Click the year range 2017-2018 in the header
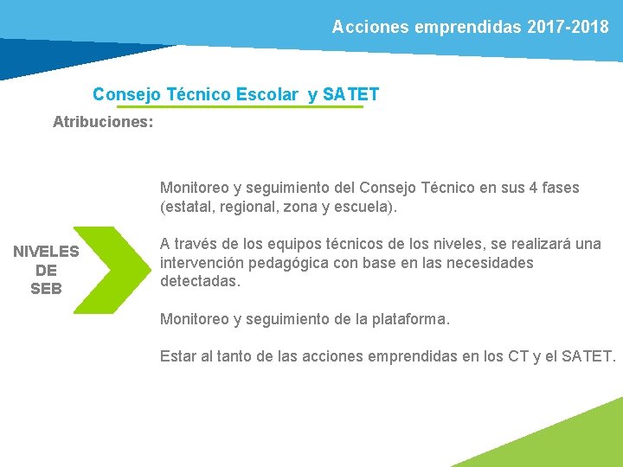pyautogui.click(x=568, y=27)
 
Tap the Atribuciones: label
pyautogui.click(x=103, y=122)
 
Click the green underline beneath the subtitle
pyautogui.click(x=240, y=107)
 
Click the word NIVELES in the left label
pyautogui.click(x=46, y=252)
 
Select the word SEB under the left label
pyautogui.click(x=46, y=289)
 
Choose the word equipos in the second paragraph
pyautogui.click(x=280, y=244)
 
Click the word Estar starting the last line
pyautogui.click(x=178, y=356)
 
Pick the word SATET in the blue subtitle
pyautogui.click(x=350, y=94)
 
